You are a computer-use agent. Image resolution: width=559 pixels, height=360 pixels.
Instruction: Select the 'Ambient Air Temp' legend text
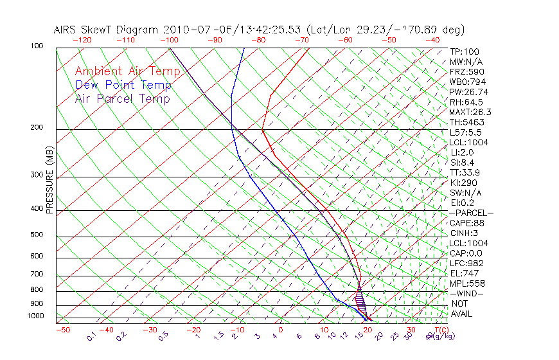(x=127, y=71)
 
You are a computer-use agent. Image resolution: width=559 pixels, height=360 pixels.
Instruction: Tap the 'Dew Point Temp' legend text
(x=123, y=85)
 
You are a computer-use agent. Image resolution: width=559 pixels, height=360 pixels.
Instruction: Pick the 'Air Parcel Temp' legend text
(x=123, y=98)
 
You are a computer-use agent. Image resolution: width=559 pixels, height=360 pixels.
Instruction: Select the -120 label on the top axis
(x=82, y=40)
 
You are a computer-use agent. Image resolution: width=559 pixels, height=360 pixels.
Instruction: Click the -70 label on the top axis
(x=301, y=40)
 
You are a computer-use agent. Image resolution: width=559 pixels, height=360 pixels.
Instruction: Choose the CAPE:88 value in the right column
(x=468, y=222)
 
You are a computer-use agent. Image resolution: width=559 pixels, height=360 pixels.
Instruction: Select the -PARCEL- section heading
(x=471, y=213)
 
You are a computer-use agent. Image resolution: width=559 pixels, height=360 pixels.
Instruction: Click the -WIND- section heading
(x=467, y=293)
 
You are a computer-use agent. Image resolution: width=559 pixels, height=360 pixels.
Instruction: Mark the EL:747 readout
(x=464, y=273)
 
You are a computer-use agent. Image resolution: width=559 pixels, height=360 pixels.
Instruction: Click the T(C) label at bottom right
(x=439, y=330)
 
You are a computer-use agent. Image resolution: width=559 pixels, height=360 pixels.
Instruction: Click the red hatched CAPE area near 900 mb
(x=360, y=300)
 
